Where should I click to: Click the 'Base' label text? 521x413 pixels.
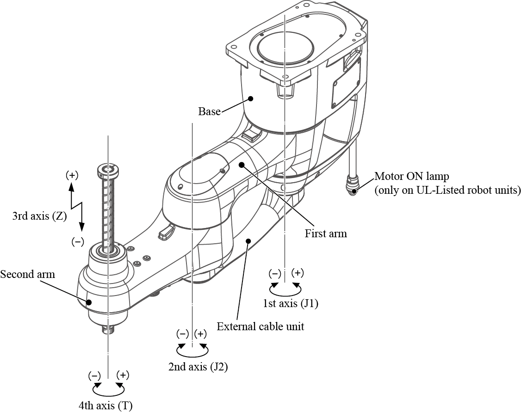(209, 111)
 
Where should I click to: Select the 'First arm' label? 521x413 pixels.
(325, 234)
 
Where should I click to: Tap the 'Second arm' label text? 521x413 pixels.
(27, 274)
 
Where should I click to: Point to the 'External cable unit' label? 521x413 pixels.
(260, 327)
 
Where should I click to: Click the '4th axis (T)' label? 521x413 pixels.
(105, 406)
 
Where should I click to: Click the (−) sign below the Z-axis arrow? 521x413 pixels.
(78, 241)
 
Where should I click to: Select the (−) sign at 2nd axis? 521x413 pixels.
(183, 334)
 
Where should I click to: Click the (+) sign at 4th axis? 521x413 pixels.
(123, 375)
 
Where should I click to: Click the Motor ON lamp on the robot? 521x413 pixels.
(354, 190)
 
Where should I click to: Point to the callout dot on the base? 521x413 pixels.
(250, 98)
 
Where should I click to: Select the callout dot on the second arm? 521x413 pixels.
(89, 302)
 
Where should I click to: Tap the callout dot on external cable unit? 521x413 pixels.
(248, 240)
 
